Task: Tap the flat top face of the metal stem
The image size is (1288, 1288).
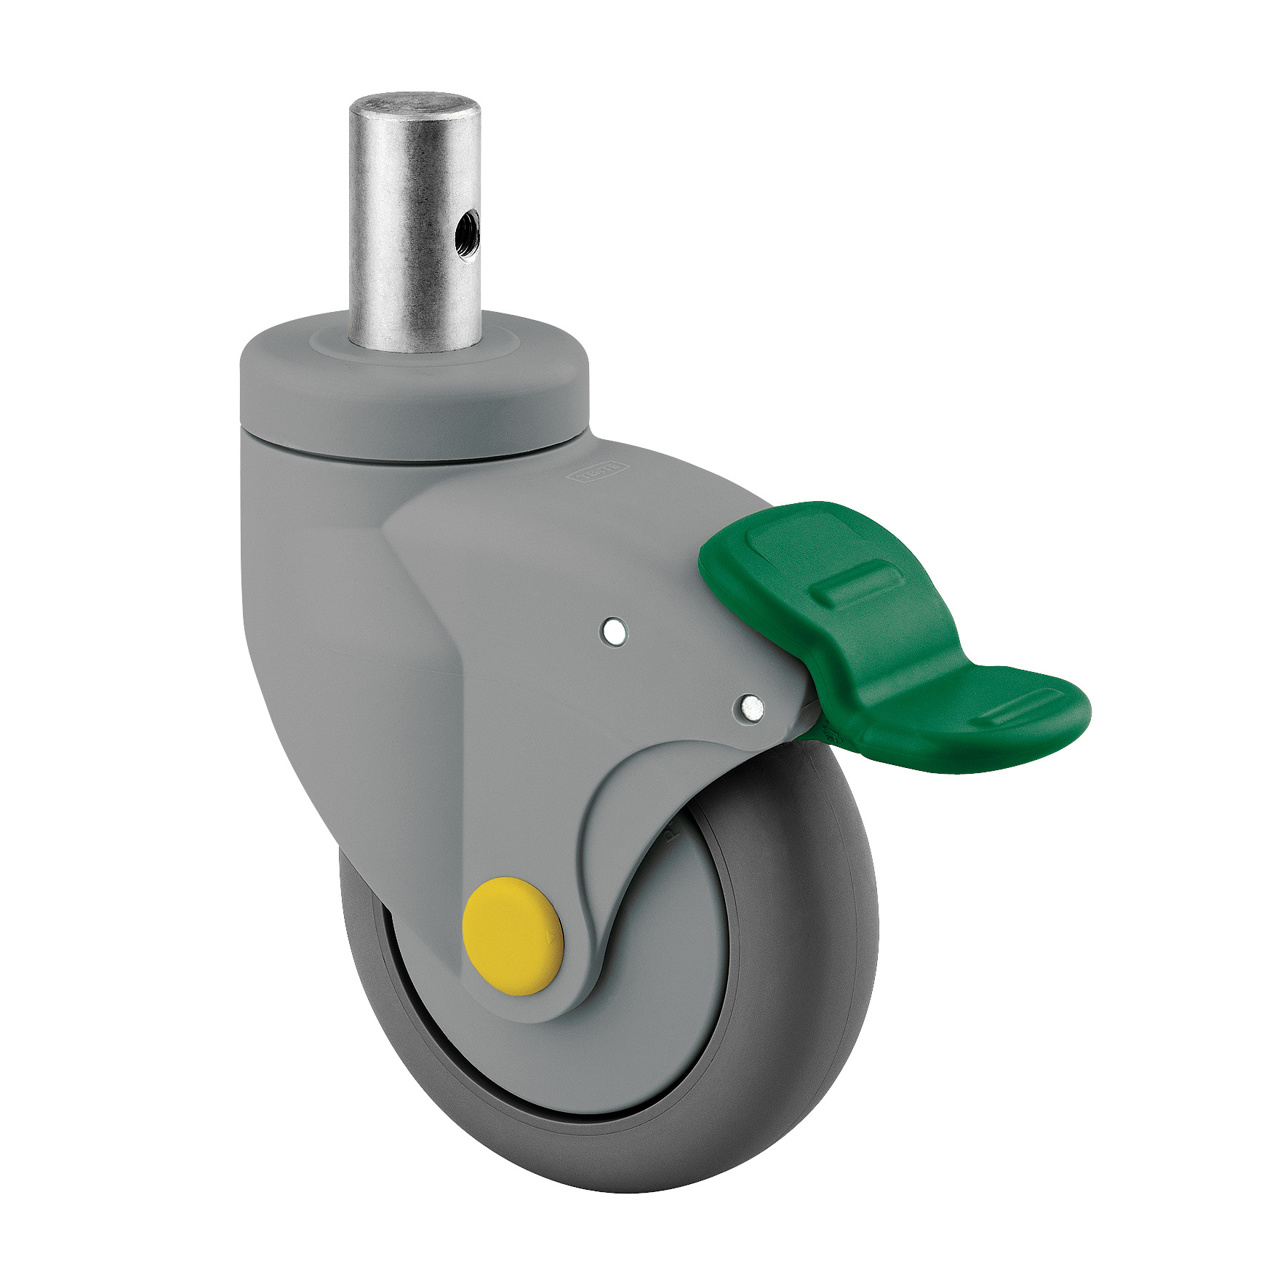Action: coord(415,103)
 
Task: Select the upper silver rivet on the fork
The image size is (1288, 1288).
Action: coord(615,631)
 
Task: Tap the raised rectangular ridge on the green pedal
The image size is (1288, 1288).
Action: coord(862,585)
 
